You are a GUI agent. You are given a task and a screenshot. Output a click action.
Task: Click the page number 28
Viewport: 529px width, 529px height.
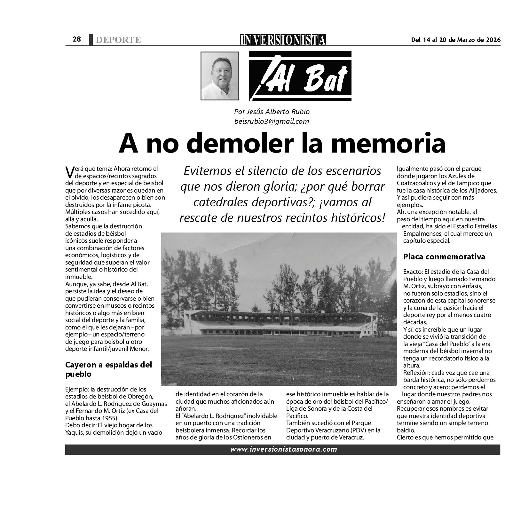pyautogui.click(x=76, y=39)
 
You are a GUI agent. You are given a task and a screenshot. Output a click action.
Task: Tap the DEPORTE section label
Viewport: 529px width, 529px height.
pyautogui.click(x=118, y=40)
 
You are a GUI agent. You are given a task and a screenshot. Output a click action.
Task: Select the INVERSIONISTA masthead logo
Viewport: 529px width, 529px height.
pyautogui.click(x=283, y=40)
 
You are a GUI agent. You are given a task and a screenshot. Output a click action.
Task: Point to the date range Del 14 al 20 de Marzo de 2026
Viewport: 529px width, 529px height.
pyautogui.click(x=455, y=40)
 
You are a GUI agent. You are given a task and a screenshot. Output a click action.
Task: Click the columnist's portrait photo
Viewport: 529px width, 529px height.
pyautogui.click(x=220, y=76)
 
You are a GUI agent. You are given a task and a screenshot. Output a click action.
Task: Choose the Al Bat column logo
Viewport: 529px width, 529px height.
pyautogui.click(x=300, y=76)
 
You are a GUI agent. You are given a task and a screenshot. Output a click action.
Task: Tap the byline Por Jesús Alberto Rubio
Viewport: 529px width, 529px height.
pyautogui.click(x=272, y=112)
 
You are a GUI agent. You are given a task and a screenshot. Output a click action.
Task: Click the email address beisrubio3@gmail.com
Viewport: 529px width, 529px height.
pyautogui.click(x=272, y=121)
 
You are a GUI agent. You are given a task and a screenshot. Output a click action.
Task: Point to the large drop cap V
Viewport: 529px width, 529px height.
pyautogui.click(x=69, y=172)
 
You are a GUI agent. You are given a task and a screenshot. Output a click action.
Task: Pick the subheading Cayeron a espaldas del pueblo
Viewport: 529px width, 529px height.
pyautogui.click(x=108, y=369)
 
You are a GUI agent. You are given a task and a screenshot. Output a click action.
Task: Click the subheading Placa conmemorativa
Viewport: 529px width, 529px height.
pyautogui.click(x=444, y=257)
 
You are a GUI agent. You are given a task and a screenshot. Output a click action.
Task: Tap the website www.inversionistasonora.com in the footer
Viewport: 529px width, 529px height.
pyautogui.click(x=283, y=449)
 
